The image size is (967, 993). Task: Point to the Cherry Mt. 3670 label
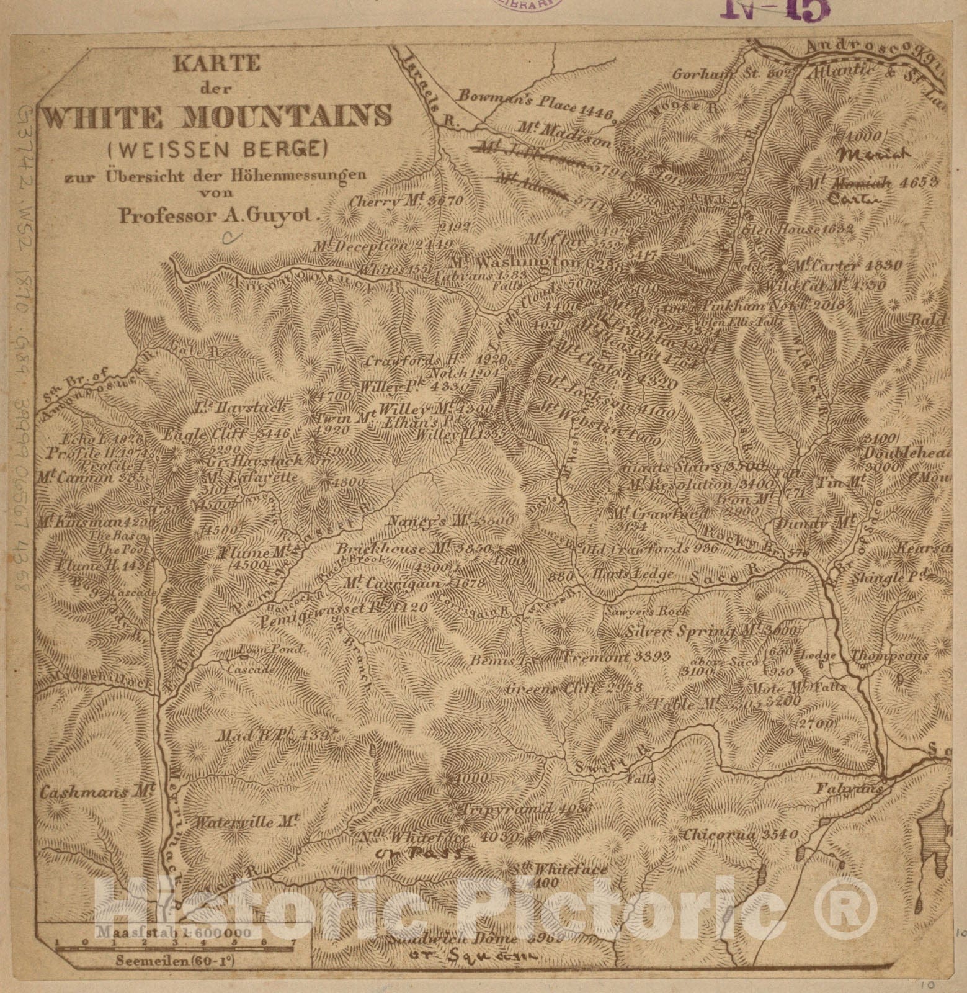pyautogui.click(x=406, y=201)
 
